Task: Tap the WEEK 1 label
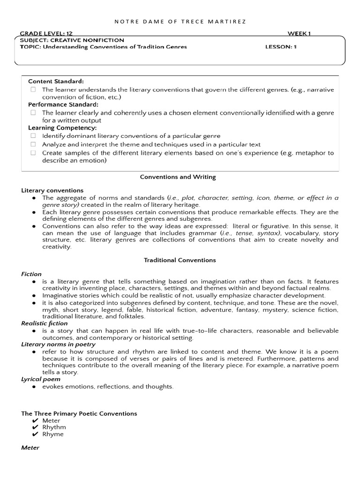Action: pos(299,33)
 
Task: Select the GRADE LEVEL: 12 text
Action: pos(46,34)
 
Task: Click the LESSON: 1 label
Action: pos(281,47)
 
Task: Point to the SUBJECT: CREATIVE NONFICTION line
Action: pos(72,40)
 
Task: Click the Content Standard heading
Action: pos(56,82)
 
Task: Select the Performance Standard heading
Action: pos(63,105)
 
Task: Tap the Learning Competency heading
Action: pos(62,127)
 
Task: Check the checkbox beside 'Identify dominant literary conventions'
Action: pos(33,136)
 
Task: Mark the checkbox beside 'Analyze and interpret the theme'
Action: pos(33,144)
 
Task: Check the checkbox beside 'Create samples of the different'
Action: pos(33,153)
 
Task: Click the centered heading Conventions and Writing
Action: pos(178,177)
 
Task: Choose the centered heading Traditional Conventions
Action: pos(180,260)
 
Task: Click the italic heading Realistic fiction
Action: pos(45,323)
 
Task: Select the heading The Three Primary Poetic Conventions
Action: pos(79,413)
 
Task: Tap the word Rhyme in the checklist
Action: pos(53,434)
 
